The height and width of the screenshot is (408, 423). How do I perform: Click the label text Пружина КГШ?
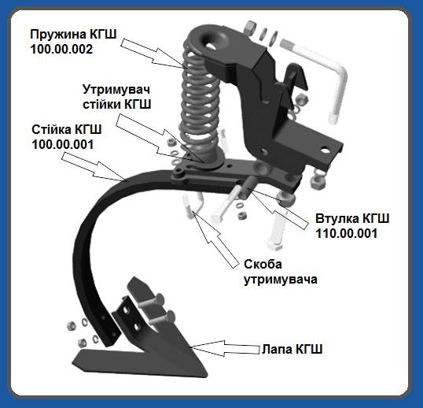click(73, 35)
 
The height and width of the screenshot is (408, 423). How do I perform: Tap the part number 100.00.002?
click(61, 50)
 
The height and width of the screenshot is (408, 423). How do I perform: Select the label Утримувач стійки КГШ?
click(116, 97)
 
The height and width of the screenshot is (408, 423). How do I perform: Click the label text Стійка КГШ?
click(67, 130)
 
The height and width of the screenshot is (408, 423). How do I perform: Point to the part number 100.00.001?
click(63, 145)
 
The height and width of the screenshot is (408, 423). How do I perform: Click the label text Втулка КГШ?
click(352, 219)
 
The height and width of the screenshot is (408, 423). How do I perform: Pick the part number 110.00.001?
click(347, 233)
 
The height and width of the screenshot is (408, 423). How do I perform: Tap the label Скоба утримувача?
click(281, 272)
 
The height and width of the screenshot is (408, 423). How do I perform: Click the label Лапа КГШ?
click(292, 349)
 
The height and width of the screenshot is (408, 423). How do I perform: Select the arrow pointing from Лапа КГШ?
click(225, 348)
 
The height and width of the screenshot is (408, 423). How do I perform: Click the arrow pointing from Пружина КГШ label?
click(153, 54)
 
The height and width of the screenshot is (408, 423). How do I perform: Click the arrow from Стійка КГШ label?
click(94, 166)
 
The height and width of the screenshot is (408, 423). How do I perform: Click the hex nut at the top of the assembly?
click(252, 28)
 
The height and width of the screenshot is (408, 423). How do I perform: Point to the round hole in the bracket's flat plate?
click(326, 150)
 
